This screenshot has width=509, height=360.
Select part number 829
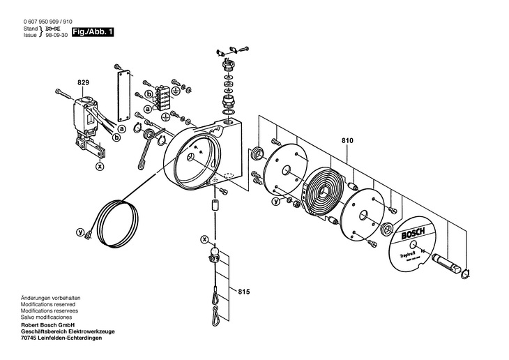(x=83, y=83)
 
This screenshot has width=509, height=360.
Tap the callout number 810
(x=347, y=140)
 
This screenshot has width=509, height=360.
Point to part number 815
(x=243, y=291)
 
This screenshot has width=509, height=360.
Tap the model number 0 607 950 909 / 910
(x=47, y=21)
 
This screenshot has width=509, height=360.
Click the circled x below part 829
(x=100, y=167)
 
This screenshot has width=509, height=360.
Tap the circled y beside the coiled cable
(x=80, y=231)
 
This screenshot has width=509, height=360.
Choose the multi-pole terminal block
(x=162, y=93)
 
